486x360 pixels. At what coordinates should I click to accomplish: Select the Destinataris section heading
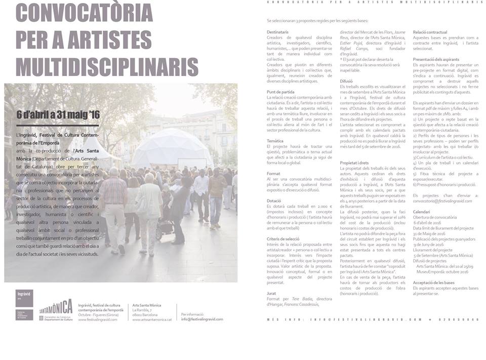coord(278,32)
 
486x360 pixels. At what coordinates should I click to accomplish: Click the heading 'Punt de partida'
coord(280,92)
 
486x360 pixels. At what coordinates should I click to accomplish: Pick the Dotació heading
coord(274,201)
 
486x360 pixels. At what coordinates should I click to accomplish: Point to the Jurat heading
coord(272,293)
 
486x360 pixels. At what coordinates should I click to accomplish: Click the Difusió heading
coord(346,81)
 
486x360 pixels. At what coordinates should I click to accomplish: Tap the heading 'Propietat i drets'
coord(356,163)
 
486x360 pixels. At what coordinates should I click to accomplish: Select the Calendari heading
coord(421,212)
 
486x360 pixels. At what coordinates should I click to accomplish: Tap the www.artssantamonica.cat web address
coord(152,319)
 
